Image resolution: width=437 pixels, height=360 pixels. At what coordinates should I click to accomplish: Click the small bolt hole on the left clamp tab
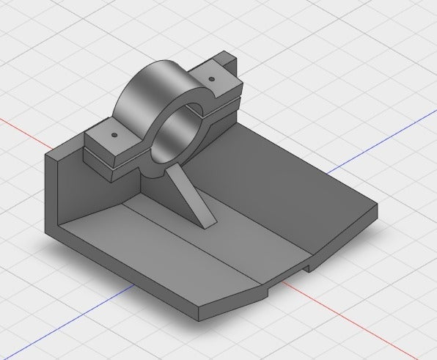114,136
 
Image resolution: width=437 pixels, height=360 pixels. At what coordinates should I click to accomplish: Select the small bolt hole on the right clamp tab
210,78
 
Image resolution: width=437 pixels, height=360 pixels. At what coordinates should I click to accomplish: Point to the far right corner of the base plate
378,208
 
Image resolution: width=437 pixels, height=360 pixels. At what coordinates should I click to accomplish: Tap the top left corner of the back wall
45,155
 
